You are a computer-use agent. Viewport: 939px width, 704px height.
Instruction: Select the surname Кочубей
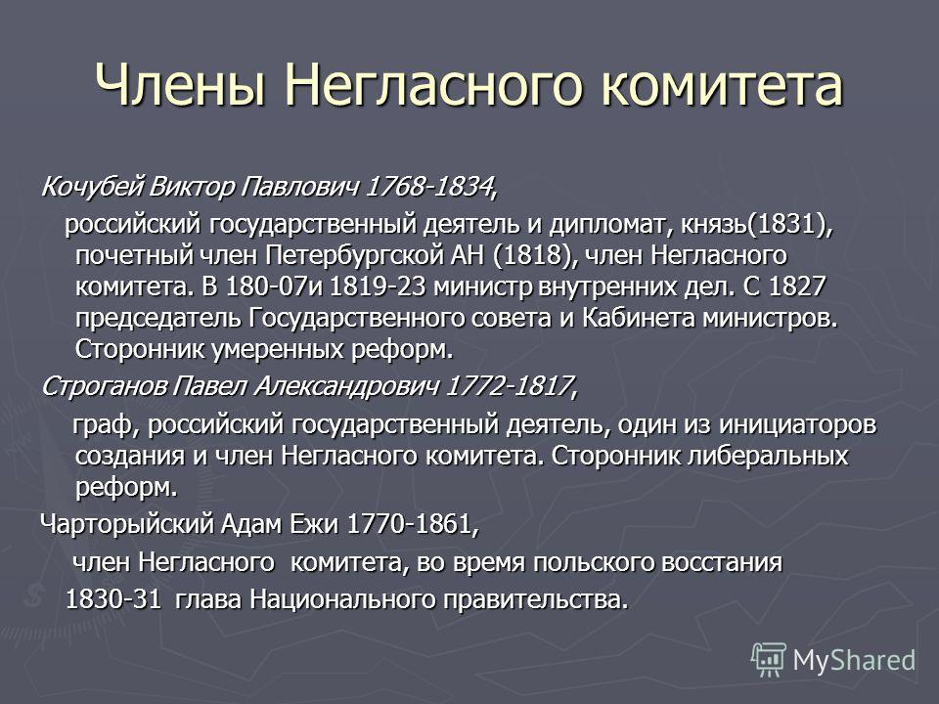(x=92, y=187)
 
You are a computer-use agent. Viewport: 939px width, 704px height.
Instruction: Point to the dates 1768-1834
(x=429, y=187)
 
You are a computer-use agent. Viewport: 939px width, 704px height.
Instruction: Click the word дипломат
(x=605, y=225)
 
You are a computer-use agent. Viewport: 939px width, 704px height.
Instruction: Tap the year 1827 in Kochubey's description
(x=797, y=286)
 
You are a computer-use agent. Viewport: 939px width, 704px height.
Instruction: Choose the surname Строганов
(x=103, y=386)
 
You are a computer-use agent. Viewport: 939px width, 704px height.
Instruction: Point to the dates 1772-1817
(x=510, y=386)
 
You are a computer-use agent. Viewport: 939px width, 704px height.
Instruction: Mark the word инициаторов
(x=797, y=424)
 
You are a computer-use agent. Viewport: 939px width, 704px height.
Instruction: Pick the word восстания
(x=722, y=563)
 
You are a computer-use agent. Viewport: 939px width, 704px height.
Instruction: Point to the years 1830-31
(x=113, y=599)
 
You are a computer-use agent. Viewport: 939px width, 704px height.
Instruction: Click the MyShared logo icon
(x=769, y=659)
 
